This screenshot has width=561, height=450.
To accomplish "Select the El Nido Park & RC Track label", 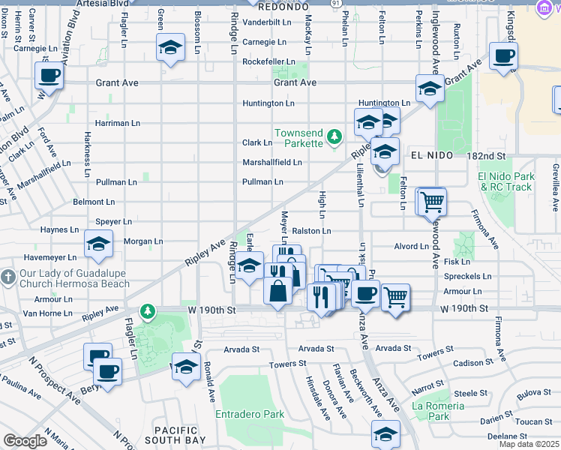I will [506, 181].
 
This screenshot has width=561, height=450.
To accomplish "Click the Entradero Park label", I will [250, 414].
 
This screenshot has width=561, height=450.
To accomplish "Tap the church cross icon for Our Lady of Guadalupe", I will [7, 277].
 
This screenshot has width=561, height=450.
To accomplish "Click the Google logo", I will [25, 441].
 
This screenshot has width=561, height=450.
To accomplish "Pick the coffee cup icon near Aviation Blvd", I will [49, 76].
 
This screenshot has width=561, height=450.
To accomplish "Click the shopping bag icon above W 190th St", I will [277, 290].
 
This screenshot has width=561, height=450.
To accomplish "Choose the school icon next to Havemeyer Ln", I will [97, 244].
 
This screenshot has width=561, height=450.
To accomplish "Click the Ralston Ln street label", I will [311, 231].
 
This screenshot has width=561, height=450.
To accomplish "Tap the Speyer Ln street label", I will [113, 222].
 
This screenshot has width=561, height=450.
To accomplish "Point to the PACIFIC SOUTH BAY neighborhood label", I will [175, 436].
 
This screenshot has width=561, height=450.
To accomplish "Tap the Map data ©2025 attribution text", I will [529, 444].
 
